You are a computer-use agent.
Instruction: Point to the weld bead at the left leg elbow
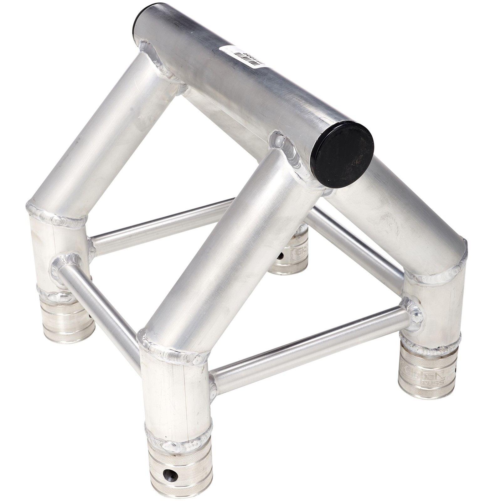click(56, 216)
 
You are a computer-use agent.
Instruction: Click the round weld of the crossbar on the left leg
click(64, 266)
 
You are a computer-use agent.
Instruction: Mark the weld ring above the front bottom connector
click(178, 438)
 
